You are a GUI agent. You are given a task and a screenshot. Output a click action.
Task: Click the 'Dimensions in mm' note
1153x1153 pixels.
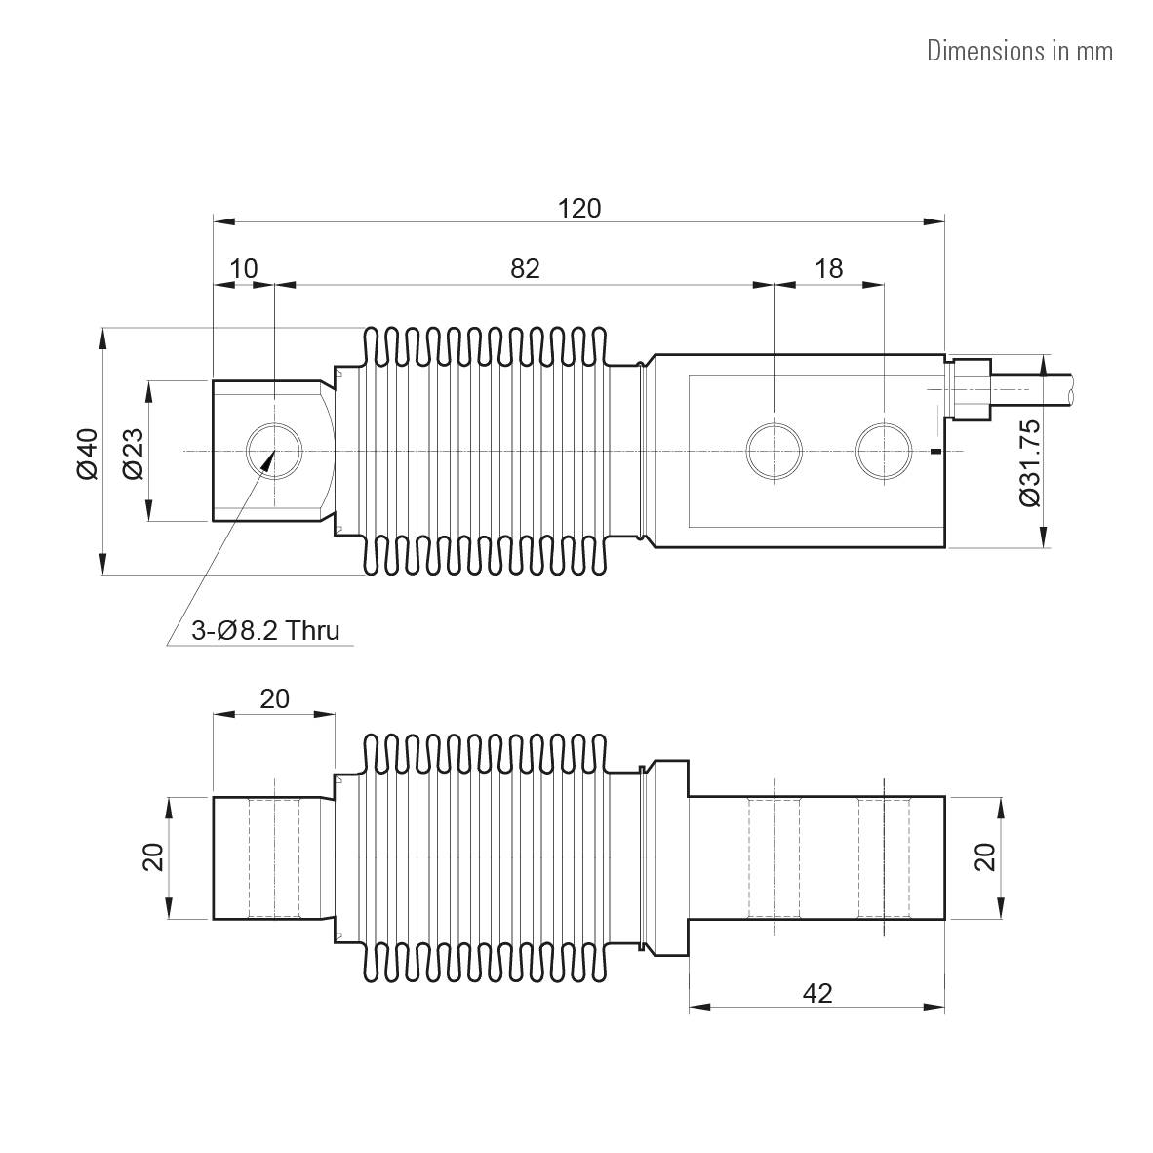point(1019,51)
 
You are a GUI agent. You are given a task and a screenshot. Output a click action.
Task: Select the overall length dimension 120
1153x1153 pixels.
point(579,208)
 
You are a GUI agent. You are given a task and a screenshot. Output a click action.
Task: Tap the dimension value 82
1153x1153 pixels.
point(525,268)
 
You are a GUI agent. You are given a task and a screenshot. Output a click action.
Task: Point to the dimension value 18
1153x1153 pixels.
point(828,268)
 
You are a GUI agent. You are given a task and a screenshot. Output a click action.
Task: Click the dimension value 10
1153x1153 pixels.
point(244,268)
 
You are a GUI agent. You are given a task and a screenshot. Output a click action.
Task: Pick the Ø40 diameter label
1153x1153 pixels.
point(87,453)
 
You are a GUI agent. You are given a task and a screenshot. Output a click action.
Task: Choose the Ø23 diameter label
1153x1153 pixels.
point(133,454)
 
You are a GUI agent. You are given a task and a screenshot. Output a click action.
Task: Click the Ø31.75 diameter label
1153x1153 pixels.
point(1029,462)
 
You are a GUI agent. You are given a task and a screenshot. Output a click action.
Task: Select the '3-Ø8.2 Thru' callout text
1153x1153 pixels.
point(265,631)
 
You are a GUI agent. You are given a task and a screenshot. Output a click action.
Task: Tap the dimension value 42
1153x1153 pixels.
point(817,993)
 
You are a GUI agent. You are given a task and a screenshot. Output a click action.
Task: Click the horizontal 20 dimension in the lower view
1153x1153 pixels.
point(274,698)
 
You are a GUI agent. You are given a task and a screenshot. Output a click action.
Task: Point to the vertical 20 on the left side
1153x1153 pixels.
point(152,857)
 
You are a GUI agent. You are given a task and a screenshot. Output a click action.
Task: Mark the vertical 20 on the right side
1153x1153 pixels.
point(984,857)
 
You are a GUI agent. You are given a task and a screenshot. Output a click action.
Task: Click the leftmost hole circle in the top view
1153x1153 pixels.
point(275,452)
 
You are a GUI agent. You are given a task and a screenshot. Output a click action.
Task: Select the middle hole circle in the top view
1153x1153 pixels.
point(774,452)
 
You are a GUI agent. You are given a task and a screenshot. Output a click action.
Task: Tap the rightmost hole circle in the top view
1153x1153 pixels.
point(884,452)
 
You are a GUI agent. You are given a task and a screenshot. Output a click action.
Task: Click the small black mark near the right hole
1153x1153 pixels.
point(935,451)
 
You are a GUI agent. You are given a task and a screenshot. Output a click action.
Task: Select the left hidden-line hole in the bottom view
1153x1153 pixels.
point(275,857)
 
